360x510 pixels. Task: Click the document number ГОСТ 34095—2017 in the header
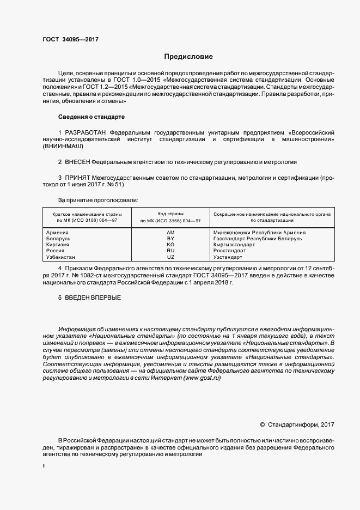tap(70, 39)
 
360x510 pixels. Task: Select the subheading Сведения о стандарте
tap(91, 117)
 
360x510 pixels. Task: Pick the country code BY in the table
tap(170, 239)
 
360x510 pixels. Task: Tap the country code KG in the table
tap(170, 245)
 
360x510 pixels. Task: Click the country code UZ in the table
tap(170, 257)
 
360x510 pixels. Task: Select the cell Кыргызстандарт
tap(234, 245)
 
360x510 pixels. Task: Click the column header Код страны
tap(170, 213)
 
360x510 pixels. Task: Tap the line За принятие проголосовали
tap(97, 201)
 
